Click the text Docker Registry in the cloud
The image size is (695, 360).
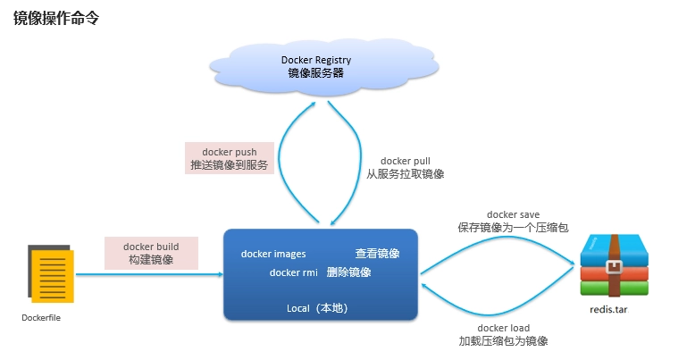click(315, 60)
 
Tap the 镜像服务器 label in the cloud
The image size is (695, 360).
click(315, 74)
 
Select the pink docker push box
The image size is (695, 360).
click(229, 159)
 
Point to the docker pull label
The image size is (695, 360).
click(405, 161)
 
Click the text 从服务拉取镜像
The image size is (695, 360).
click(405, 175)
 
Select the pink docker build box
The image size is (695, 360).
click(151, 253)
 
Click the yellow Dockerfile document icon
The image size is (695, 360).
click(51, 274)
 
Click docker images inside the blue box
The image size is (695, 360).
click(273, 254)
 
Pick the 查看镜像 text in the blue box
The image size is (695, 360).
click(376, 254)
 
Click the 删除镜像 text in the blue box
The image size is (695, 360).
click(348, 272)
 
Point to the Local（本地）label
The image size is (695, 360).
click(320, 308)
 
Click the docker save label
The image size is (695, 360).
click(513, 215)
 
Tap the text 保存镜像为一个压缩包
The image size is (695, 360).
click(513, 229)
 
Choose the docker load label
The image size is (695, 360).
click(503, 328)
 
